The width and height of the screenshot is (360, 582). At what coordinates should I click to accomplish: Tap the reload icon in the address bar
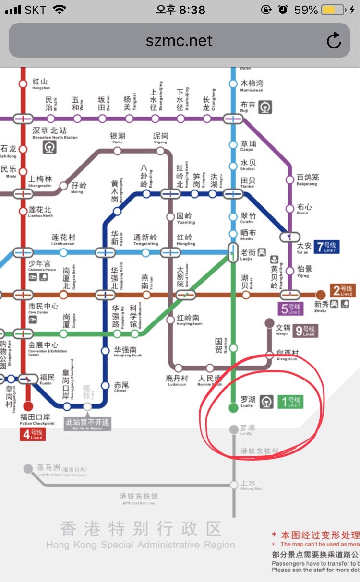pos(334,41)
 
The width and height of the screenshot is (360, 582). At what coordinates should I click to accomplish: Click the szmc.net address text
pos(179,41)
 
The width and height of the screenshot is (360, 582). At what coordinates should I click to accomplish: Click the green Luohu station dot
pos(233,408)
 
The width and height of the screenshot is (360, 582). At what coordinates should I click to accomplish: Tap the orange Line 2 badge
pos(343,291)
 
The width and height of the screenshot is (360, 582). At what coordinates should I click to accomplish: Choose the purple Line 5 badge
pos(290,309)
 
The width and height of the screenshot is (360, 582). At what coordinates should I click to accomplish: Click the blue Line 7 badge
pos(327,248)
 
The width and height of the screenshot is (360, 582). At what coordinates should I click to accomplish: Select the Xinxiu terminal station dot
pos(321,295)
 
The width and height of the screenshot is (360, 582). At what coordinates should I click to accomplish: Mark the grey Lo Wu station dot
pos(233,429)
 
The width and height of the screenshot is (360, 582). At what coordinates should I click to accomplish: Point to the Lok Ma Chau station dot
pos(28,469)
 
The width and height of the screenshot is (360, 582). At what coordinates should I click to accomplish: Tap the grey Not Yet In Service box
pos(87,424)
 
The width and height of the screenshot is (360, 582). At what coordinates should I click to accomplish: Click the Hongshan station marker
pos(23,84)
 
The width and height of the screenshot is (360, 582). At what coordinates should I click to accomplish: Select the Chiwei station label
pos(121,387)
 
